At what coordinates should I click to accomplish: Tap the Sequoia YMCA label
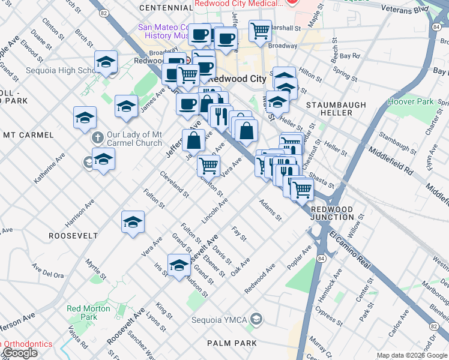click(x=219, y=319)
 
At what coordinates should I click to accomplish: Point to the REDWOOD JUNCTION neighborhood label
click(x=332, y=212)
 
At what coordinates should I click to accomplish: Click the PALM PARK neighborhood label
click(x=232, y=343)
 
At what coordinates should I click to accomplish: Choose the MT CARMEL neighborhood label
click(x=28, y=135)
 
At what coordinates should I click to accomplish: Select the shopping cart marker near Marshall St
click(x=260, y=29)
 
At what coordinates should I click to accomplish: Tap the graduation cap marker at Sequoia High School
click(x=106, y=62)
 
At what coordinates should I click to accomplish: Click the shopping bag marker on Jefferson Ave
click(x=194, y=141)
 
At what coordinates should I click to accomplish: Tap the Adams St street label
click(x=270, y=210)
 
